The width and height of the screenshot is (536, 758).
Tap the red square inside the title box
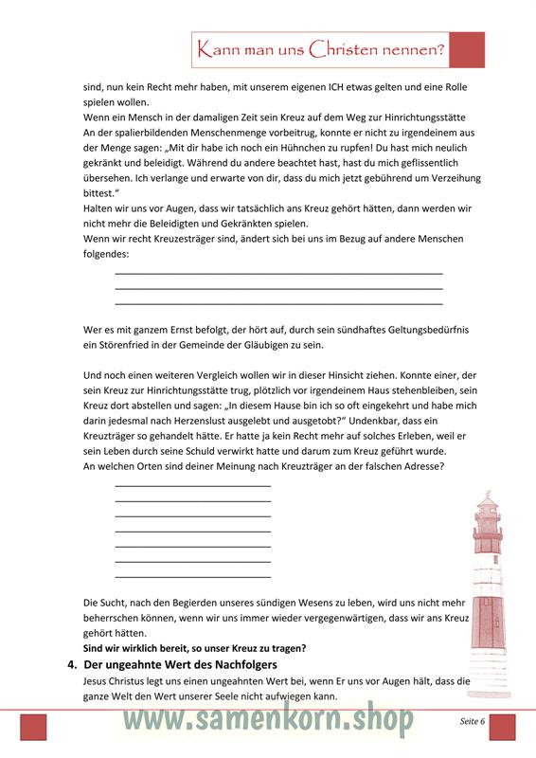(x=467, y=50)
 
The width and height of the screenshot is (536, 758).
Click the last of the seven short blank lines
(x=192, y=576)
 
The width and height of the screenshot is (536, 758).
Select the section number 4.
(x=72, y=665)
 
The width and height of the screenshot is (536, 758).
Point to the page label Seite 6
(x=472, y=721)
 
